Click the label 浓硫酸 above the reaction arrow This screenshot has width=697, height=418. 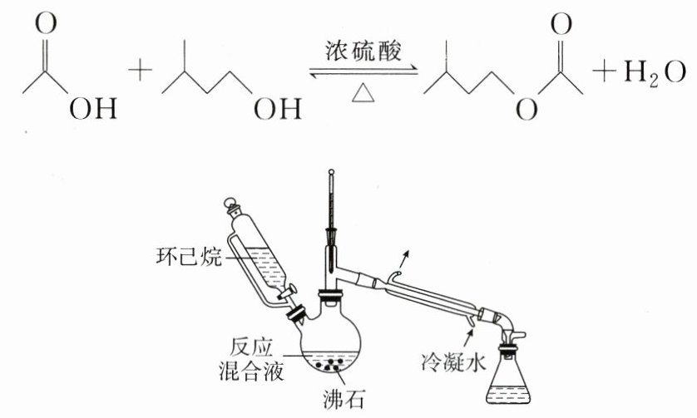pos(363,52)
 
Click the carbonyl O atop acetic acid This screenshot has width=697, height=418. pos(47,22)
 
